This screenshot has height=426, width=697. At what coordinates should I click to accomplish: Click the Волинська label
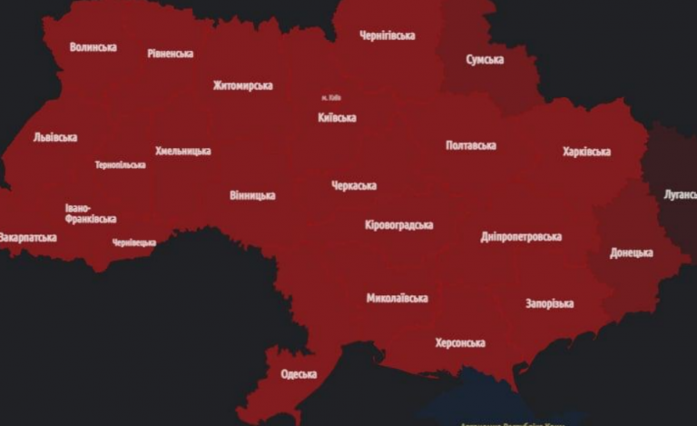click(93, 47)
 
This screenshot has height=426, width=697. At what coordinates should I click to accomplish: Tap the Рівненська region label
click(170, 54)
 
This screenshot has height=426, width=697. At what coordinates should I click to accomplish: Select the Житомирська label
click(242, 86)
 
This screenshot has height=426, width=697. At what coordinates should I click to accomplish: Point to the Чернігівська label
click(387, 36)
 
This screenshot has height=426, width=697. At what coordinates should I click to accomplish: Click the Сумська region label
click(486, 59)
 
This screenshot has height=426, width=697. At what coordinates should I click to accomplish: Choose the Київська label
click(337, 117)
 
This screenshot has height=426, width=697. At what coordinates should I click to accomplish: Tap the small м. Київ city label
click(330, 97)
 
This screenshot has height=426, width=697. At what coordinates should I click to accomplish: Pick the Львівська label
click(54, 138)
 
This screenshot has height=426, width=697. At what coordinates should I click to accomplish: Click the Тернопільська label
click(120, 165)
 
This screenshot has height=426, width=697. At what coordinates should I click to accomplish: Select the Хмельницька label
click(182, 151)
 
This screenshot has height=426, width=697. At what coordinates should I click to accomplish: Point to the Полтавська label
click(470, 145)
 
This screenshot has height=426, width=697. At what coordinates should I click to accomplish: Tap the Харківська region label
click(586, 152)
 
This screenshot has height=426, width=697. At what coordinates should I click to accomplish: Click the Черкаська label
click(353, 186)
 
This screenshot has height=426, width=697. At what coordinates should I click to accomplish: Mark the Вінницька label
click(252, 195)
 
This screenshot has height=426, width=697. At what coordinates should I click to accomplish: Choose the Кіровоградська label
click(398, 225)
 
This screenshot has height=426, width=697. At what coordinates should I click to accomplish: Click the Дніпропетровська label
click(520, 237)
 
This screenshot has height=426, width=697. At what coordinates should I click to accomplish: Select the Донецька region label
click(631, 253)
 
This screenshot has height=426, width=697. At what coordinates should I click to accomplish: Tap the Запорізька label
click(549, 303)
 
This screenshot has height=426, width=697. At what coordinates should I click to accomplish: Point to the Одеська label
click(299, 374)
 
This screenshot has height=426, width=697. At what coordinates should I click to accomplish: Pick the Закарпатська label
click(28, 238)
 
